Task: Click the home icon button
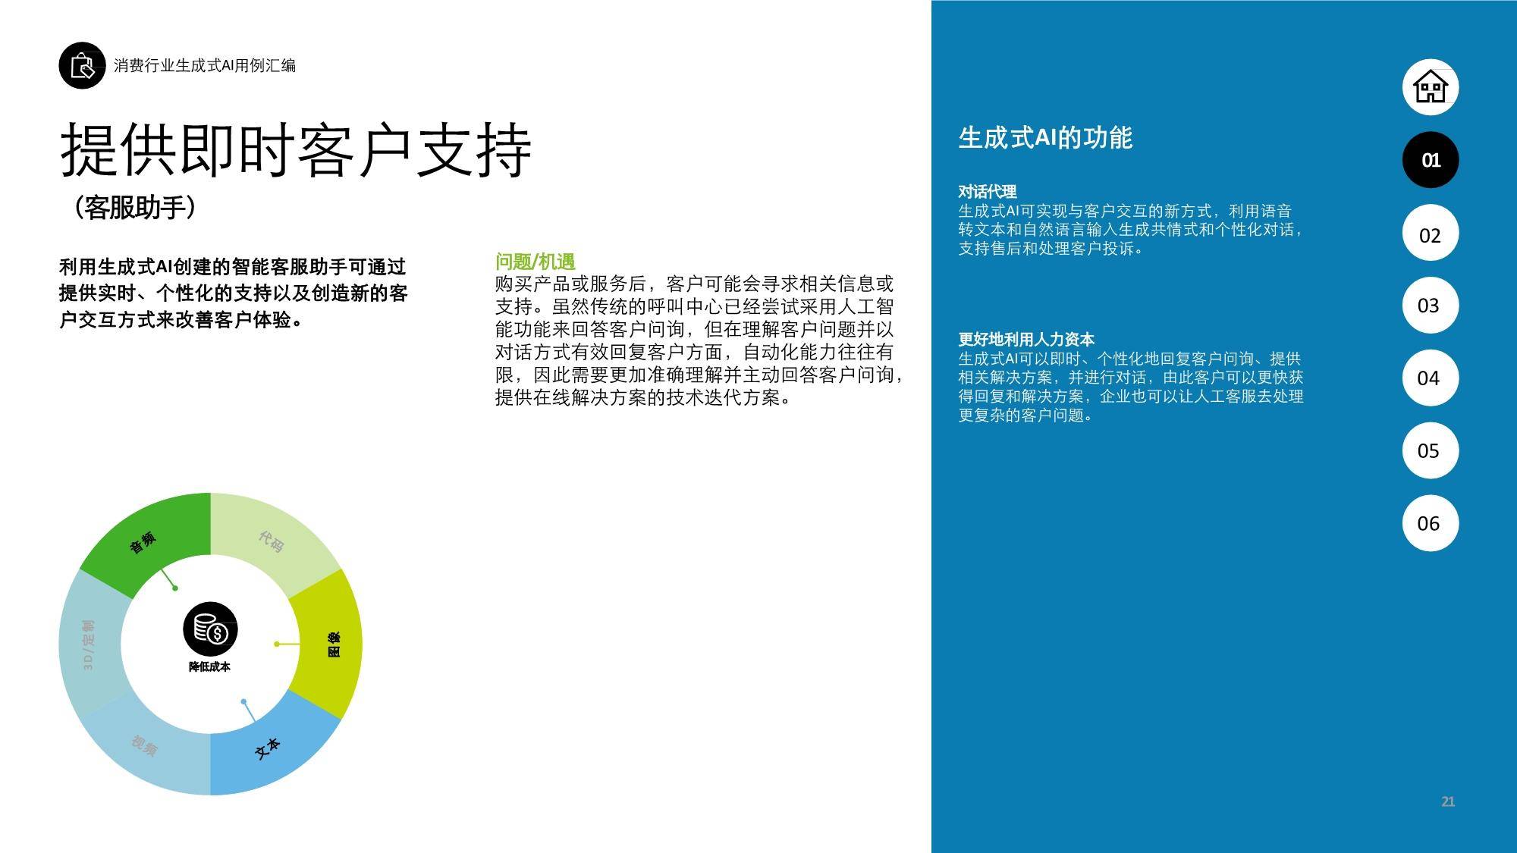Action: tap(1431, 86)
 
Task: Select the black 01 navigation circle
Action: tap(1431, 160)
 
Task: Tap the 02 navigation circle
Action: tap(1431, 234)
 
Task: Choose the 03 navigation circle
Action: tap(1431, 305)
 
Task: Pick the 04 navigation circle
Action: tap(1431, 378)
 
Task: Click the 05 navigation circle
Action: tap(1431, 450)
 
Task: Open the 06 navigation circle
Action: tap(1431, 522)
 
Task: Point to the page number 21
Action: tap(1447, 801)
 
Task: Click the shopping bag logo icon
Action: tap(82, 65)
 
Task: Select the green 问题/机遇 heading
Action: tap(536, 262)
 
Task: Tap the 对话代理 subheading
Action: tap(987, 192)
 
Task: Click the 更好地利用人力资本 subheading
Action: tap(1026, 339)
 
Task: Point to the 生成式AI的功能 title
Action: tap(1045, 137)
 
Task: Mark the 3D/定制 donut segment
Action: tap(90, 644)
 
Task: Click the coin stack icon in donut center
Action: tap(210, 629)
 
